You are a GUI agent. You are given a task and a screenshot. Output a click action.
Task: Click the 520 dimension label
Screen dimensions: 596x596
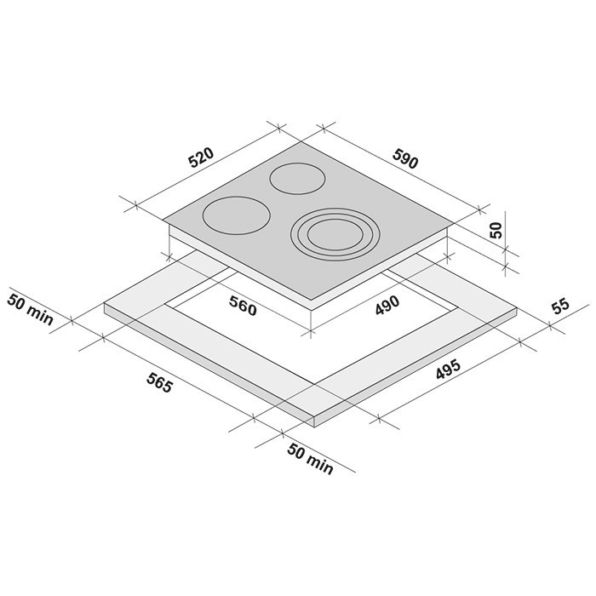(202, 158)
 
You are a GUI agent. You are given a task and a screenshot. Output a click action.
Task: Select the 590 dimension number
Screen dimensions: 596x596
(405, 158)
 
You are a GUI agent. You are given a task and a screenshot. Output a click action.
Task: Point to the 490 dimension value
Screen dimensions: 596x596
(387, 305)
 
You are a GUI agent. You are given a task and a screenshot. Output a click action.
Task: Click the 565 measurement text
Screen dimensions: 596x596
(160, 383)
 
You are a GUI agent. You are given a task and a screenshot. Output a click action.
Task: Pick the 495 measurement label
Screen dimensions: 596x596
(448, 369)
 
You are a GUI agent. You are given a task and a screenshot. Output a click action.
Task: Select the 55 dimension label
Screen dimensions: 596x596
(561, 307)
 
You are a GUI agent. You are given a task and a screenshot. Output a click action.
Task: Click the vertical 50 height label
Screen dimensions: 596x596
(496, 230)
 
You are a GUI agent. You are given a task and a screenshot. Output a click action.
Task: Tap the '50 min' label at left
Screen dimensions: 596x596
(30, 309)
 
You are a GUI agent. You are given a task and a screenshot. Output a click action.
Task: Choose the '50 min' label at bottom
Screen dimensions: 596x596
(310, 459)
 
